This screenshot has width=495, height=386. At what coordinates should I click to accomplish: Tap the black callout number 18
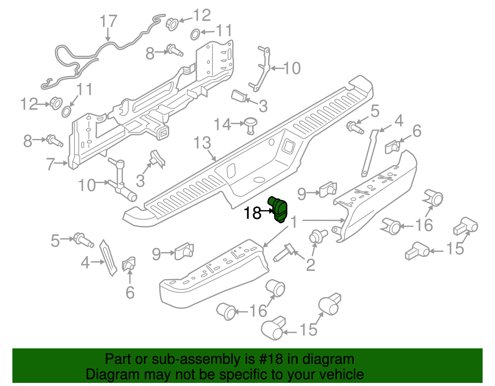tap(252, 213)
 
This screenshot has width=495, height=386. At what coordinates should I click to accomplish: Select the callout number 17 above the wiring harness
tap(108, 22)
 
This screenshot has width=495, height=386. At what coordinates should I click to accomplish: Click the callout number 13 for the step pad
tap(202, 143)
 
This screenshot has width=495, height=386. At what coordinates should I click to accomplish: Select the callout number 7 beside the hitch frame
tap(50, 164)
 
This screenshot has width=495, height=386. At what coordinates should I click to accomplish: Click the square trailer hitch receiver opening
tap(163, 133)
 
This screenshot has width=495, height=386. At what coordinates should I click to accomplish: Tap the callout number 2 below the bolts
tap(310, 265)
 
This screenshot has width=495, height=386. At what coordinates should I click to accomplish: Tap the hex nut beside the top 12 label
tap(172, 23)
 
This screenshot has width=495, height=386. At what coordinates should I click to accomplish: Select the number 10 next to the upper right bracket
tap(292, 68)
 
